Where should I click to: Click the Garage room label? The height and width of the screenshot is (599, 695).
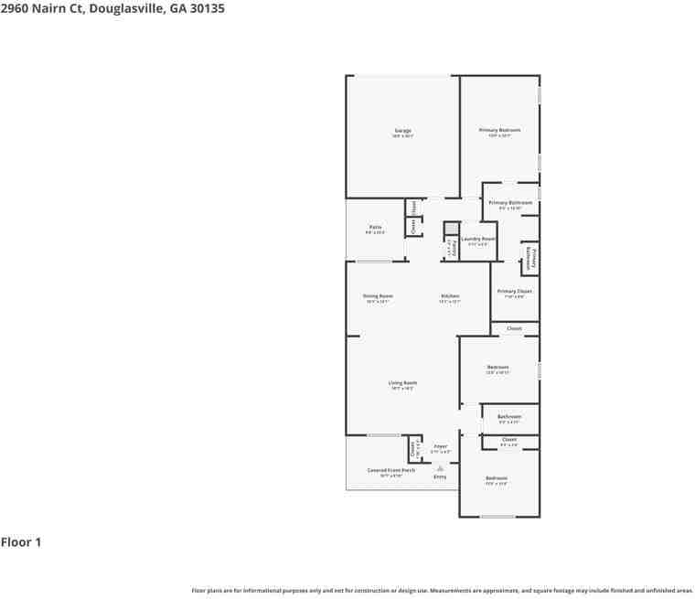click(x=402, y=131)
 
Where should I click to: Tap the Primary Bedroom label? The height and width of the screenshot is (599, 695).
click(x=499, y=130)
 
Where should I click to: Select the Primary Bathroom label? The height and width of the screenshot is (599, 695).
click(x=510, y=202)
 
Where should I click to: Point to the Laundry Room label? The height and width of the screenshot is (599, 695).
click(x=477, y=239)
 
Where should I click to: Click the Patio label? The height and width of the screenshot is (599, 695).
click(x=375, y=227)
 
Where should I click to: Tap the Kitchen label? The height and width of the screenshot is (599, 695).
click(x=450, y=296)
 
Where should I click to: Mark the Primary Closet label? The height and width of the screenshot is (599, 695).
click(x=514, y=291)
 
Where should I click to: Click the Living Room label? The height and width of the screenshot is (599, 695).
click(x=402, y=383)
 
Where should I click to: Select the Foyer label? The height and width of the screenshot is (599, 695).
click(x=441, y=446)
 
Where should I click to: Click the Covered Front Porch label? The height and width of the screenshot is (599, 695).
click(x=391, y=470)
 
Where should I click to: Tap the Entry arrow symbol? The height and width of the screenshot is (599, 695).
click(x=440, y=467)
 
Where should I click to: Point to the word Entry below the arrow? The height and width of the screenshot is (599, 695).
click(x=440, y=476)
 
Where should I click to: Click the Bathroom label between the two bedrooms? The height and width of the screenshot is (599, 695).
click(x=509, y=416)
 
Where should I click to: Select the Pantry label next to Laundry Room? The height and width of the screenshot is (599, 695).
click(x=449, y=248)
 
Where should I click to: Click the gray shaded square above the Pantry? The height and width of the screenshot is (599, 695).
click(x=451, y=229)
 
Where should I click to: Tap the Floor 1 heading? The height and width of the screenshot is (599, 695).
click(x=21, y=542)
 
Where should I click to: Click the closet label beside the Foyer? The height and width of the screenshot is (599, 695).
click(x=414, y=449)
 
